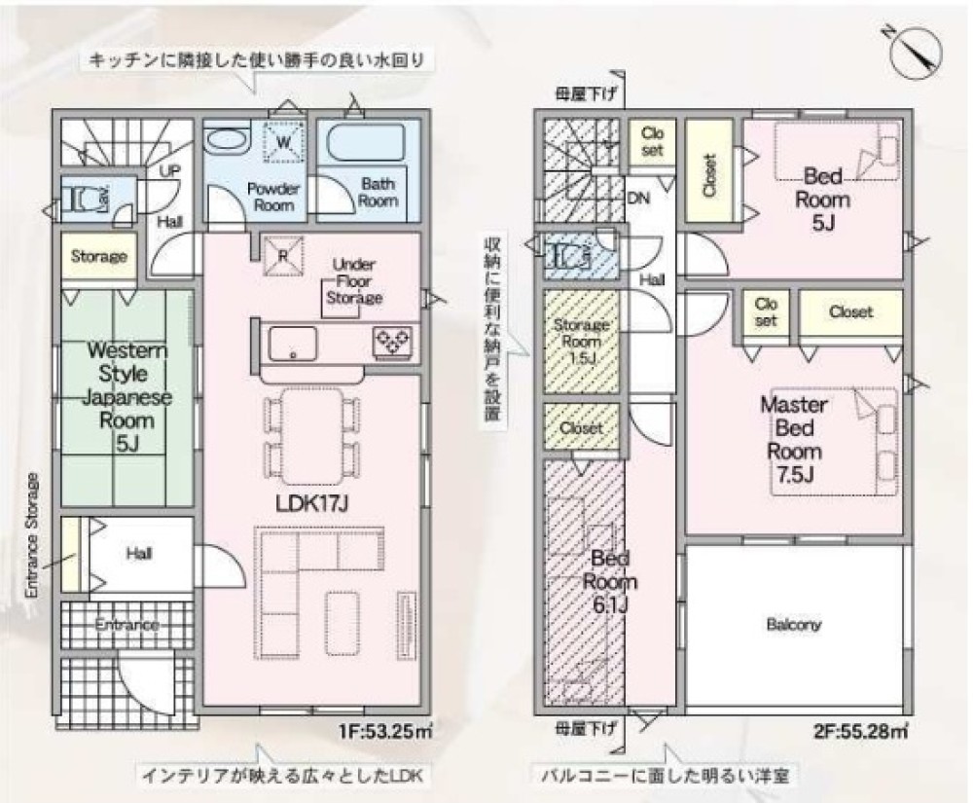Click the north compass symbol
[x=915, y=55]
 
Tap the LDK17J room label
[x=311, y=503]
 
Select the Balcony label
[x=794, y=624]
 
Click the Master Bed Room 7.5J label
[x=794, y=440]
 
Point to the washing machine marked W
[x=283, y=142]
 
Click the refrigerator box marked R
[x=282, y=256]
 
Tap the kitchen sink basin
[x=292, y=344]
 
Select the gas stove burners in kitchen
[x=391, y=343]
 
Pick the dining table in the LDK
[x=311, y=436]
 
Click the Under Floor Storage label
[x=354, y=281]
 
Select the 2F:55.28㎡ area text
[x=859, y=731]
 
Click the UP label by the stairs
[x=170, y=170]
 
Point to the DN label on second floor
[x=638, y=198]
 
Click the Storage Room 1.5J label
[x=582, y=341]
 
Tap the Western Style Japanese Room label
[x=126, y=396]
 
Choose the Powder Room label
[x=273, y=197]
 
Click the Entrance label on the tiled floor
[x=127, y=624]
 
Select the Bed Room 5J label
[x=822, y=200]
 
